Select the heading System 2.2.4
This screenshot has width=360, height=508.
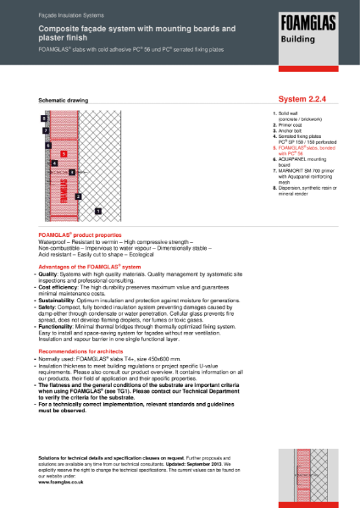[290, 99]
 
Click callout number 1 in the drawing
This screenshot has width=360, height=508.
[97, 209]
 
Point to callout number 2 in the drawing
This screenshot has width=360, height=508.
[79, 196]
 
